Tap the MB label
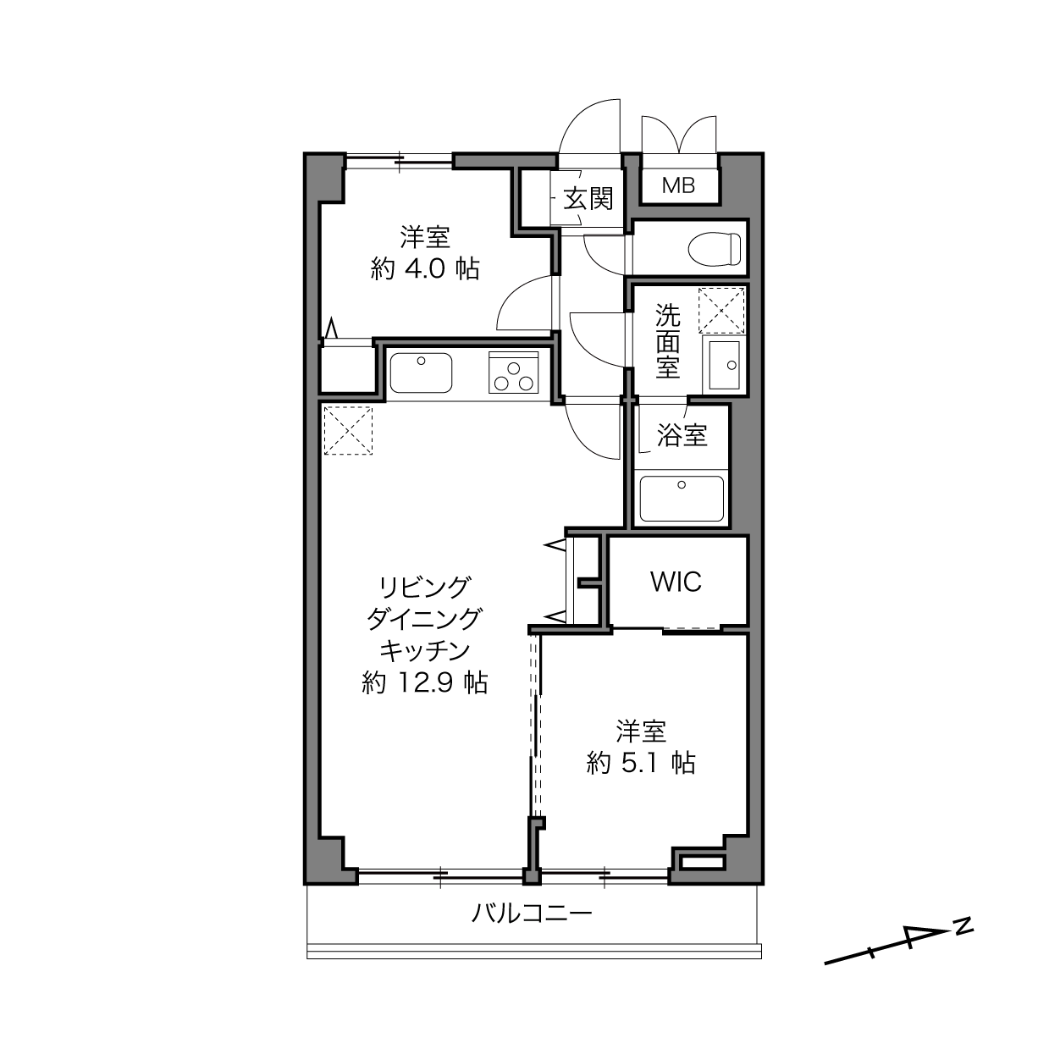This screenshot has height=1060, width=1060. pos(678,186)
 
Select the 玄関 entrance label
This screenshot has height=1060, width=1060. pos(588,199)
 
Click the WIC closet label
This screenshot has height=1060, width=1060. pos(676,582)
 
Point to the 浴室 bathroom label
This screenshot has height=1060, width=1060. pos(682,436)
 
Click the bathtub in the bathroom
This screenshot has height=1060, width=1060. pos(682,499)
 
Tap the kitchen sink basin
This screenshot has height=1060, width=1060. pos(421,373)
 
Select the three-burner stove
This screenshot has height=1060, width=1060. pos(513,373)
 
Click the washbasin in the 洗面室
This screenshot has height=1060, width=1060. pos(723,365)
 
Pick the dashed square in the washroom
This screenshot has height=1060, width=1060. pos(721,310)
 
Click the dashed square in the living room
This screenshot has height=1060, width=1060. pos(348,430)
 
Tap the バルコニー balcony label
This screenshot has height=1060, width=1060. pos(532,914)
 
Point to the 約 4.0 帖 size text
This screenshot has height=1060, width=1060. pos(425,269)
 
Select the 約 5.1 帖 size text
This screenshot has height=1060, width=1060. pos(641,763)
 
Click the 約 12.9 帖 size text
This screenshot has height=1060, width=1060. pos(425,682)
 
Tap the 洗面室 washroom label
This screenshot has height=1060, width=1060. pos(668,341)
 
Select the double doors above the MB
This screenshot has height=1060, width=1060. pos(679,135)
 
